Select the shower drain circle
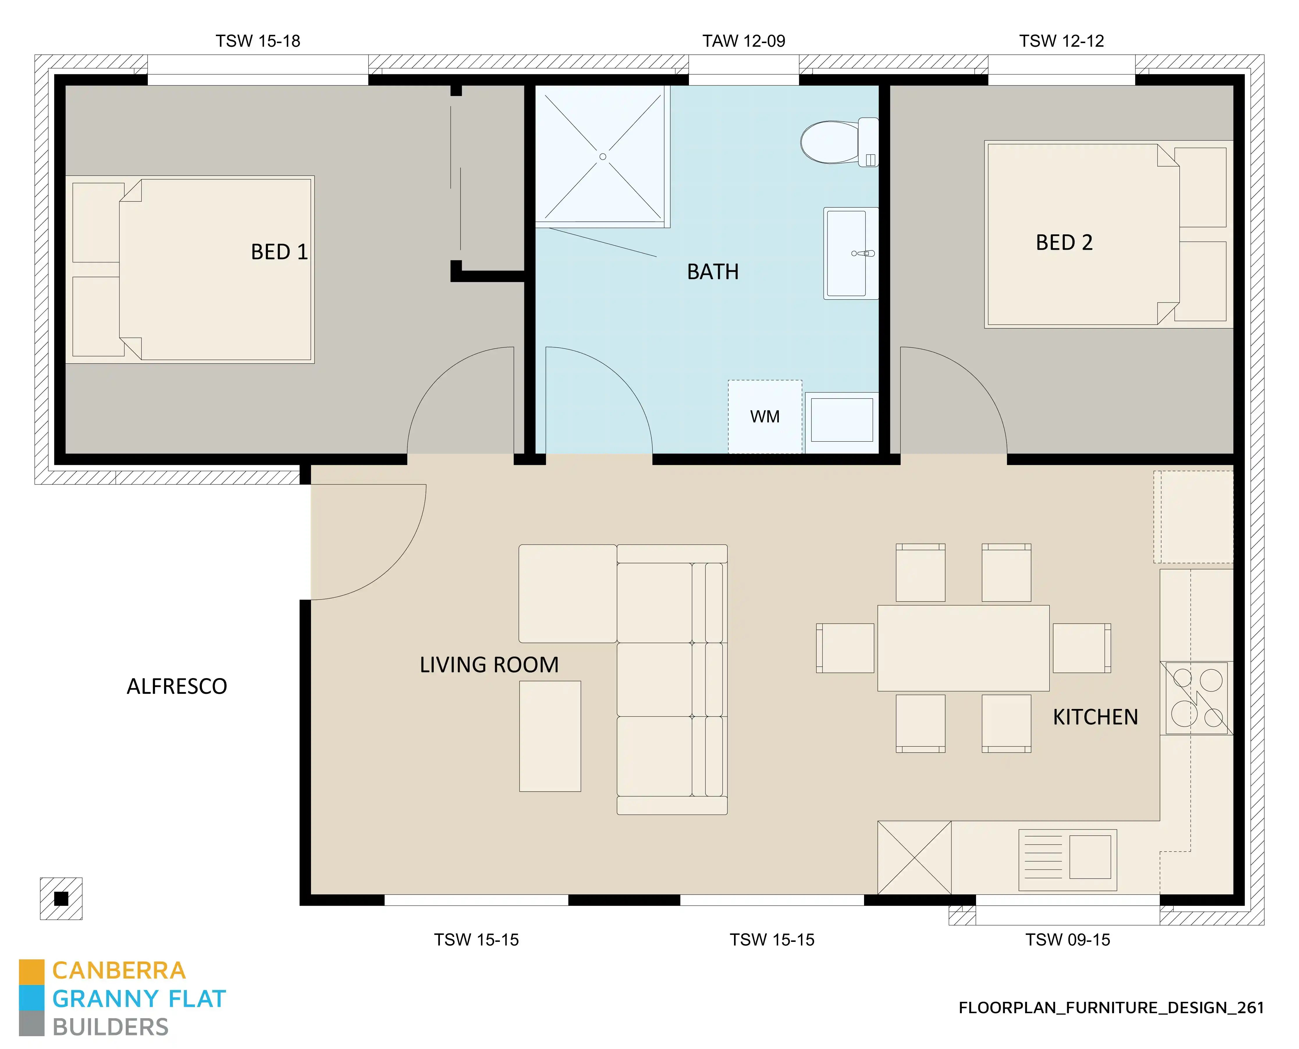[x=603, y=157]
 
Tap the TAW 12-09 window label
[x=743, y=41]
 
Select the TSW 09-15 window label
[x=1067, y=940]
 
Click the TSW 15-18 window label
[x=258, y=41]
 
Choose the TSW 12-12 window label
[x=1061, y=41]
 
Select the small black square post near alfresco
[x=61, y=898]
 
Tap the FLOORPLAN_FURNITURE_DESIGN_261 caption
[x=1111, y=1008]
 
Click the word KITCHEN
[x=1095, y=717]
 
